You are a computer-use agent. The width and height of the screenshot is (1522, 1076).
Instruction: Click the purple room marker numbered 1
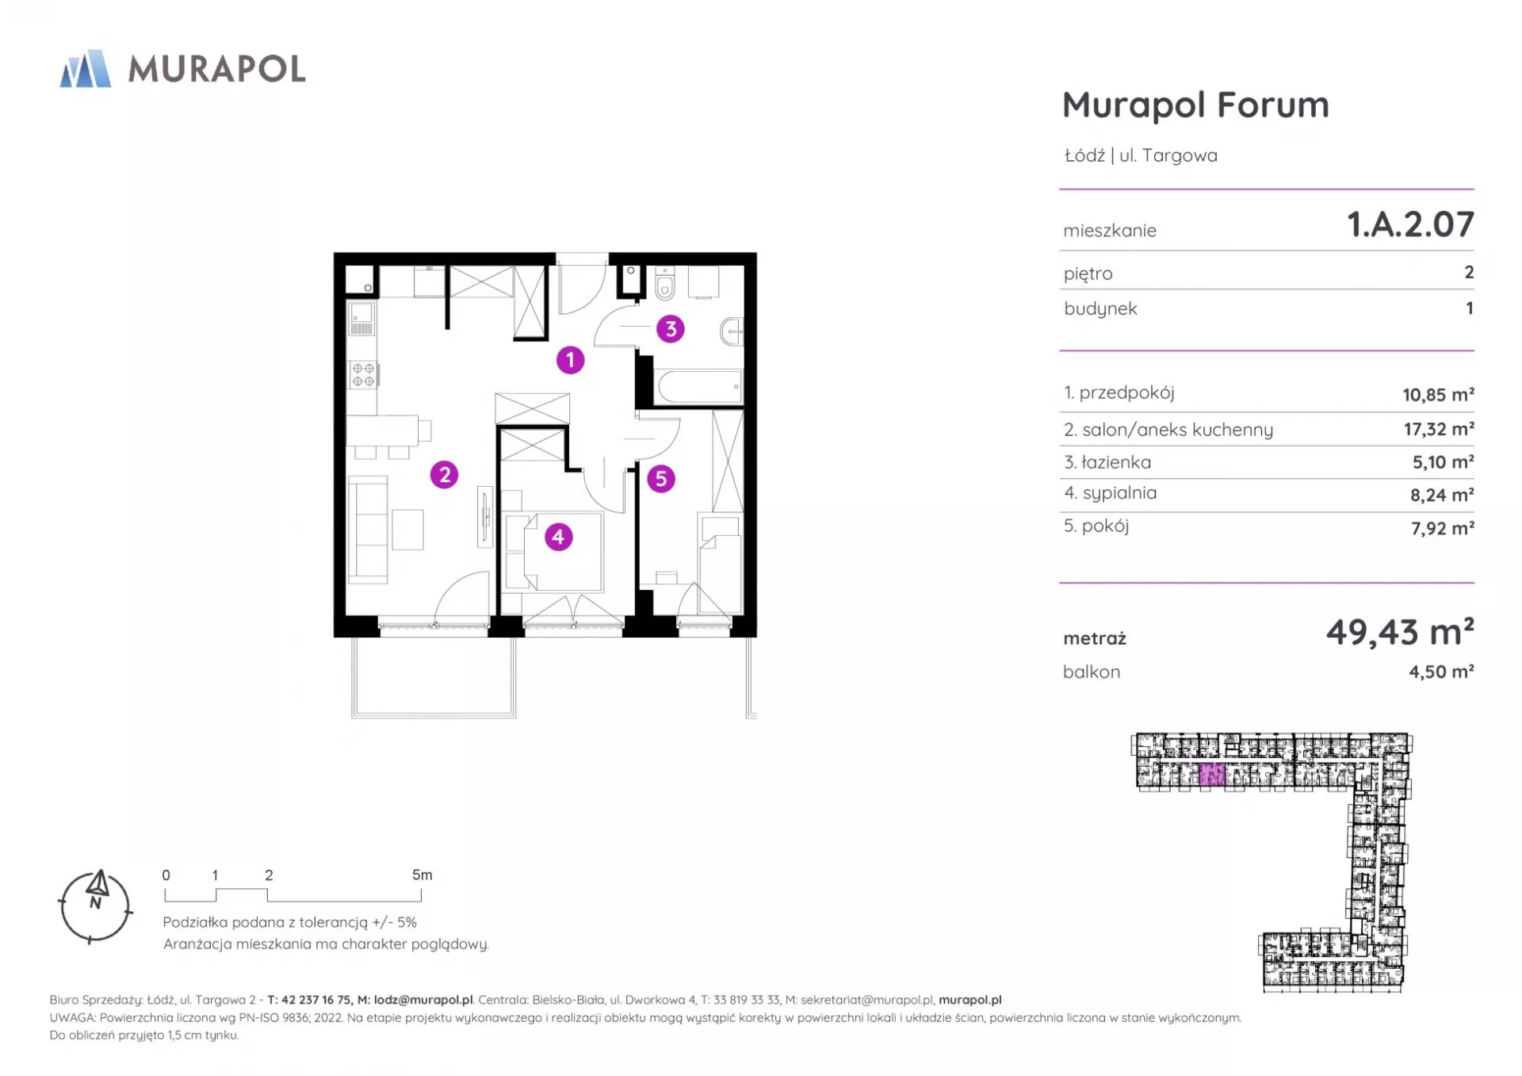(x=570, y=360)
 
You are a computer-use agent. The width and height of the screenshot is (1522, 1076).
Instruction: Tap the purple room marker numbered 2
(x=444, y=475)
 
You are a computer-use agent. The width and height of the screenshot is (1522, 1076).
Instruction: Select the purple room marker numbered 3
(x=671, y=329)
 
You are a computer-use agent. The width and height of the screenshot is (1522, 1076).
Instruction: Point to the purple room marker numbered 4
(x=558, y=537)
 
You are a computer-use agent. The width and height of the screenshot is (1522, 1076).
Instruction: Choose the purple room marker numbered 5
(x=660, y=479)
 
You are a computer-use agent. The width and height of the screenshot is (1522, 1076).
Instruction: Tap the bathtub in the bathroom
(x=701, y=387)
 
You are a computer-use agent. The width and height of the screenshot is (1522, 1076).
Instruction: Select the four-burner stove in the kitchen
(x=363, y=375)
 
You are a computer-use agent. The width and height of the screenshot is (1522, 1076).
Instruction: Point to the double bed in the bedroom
(x=562, y=551)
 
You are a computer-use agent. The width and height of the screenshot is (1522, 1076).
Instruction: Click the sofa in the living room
(x=368, y=530)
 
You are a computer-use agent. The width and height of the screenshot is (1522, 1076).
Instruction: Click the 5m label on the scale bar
(x=422, y=875)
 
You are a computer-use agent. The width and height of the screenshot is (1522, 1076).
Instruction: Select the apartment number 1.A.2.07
(x=1410, y=224)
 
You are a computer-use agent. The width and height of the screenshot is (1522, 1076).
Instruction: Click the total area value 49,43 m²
(x=1400, y=632)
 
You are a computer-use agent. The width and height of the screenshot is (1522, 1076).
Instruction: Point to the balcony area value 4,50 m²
(x=1441, y=672)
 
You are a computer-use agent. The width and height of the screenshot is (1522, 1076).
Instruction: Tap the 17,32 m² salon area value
(x=1439, y=429)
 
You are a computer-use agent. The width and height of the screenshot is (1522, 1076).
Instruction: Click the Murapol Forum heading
(x=1195, y=105)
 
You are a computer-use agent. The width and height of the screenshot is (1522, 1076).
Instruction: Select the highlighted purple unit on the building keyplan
(x=1212, y=775)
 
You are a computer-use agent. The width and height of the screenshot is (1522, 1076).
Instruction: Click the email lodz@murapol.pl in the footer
(x=423, y=1000)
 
